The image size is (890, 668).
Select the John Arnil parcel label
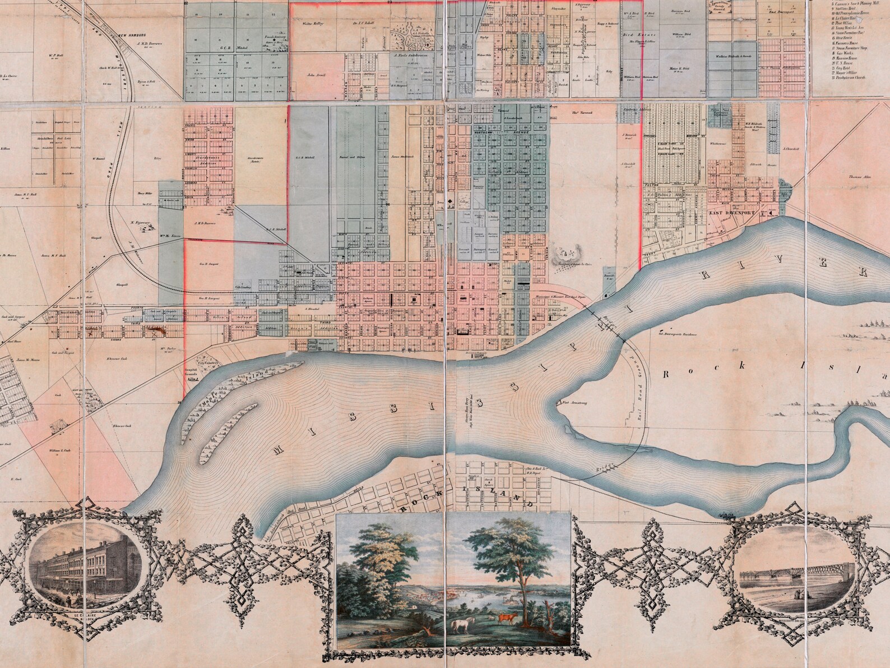[316, 75]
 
